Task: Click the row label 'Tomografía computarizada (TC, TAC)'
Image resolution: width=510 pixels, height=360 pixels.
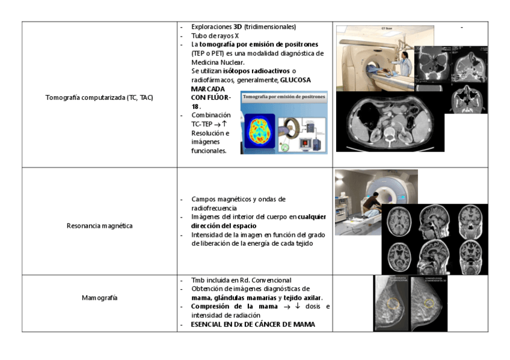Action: (x=99, y=97)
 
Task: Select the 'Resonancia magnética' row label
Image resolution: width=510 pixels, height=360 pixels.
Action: (x=99, y=226)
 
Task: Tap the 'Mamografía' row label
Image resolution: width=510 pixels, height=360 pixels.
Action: (x=99, y=297)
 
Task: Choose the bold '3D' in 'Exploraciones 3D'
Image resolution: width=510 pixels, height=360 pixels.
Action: (x=238, y=27)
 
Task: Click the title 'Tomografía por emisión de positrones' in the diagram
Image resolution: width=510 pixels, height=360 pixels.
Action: (x=284, y=96)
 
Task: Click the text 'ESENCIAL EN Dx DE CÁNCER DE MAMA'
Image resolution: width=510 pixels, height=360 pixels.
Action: (x=253, y=325)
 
